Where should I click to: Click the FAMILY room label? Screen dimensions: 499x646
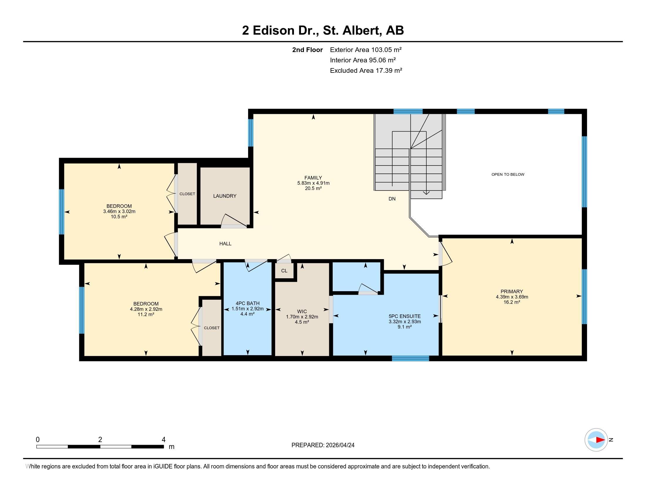tap(313, 178)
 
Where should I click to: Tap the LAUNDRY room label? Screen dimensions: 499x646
tap(225, 196)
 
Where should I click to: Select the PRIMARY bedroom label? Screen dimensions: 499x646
tap(512, 291)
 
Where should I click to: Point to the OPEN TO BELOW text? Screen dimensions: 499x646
tap(508, 174)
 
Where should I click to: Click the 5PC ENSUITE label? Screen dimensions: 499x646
tap(404, 316)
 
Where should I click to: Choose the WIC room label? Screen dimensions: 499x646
tap(302, 311)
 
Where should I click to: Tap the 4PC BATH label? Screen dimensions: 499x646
tap(248, 303)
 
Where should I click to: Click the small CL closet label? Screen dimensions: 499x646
tap(284, 271)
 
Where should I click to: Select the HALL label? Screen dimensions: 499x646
tap(225, 244)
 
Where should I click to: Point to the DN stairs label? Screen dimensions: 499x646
tap(392, 199)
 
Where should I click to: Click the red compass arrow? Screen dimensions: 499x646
tap(600, 440)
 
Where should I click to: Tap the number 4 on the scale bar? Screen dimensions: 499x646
tap(163, 440)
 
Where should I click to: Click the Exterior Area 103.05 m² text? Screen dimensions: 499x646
tap(366, 50)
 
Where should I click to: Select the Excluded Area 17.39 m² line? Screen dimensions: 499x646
tap(366, 70)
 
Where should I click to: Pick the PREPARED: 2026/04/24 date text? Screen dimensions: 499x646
tap(323, 445)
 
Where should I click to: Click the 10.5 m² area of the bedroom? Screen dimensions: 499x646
tap(119, 217)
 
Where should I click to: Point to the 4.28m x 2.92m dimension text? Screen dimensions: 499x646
tap(146, 309)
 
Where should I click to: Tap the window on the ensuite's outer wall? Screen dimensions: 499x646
tap(410, 358)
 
